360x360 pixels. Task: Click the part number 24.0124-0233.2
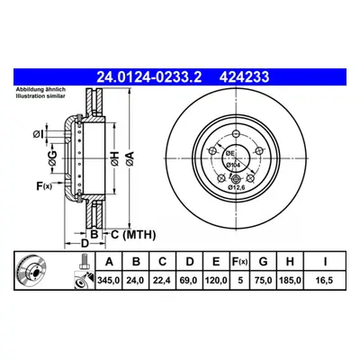pos(148,77)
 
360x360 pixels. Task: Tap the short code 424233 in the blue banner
pos(244,77)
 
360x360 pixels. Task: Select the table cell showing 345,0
pos(109,281)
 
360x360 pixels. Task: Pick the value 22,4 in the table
pos(162,281)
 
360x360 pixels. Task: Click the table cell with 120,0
pos(216,281)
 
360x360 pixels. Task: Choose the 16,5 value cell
pos(325,281)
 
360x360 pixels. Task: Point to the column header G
pos(263,262)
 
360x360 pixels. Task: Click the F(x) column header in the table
pos(239,262)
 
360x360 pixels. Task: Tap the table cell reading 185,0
pos(290,281)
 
